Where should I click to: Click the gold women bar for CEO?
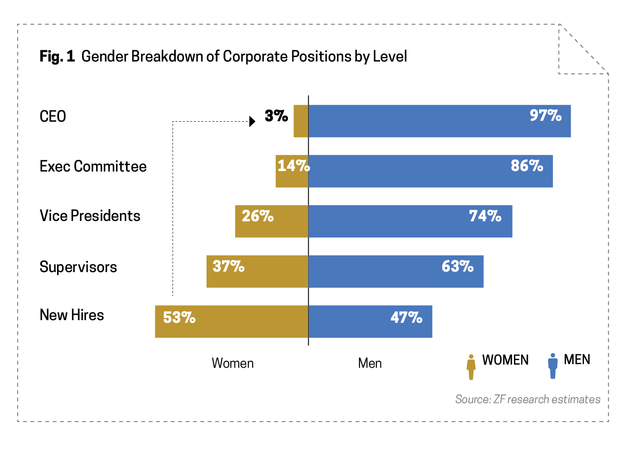pos(301,121)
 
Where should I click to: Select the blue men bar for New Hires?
pos(370,321)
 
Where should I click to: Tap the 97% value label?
pos(545,116)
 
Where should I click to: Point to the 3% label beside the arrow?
pos(276,116)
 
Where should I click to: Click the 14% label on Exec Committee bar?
pos(293,166)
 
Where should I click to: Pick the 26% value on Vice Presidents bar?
pos(257,216)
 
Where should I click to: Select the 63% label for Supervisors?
pos(457,267)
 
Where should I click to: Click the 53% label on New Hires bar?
pos(179,318)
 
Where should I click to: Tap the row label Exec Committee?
pos(93,167)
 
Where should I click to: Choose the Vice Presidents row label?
pos(90,216)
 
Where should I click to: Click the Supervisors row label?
pos(78,267)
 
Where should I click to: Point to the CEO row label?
pos(53,117)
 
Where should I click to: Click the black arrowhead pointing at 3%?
pos(252,121)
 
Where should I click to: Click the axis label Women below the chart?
pos(232,363)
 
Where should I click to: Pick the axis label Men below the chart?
pos(370,363)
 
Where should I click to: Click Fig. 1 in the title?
pos(57,57)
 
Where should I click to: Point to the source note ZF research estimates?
pos(527,399)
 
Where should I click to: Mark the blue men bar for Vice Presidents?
pos(410,221)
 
